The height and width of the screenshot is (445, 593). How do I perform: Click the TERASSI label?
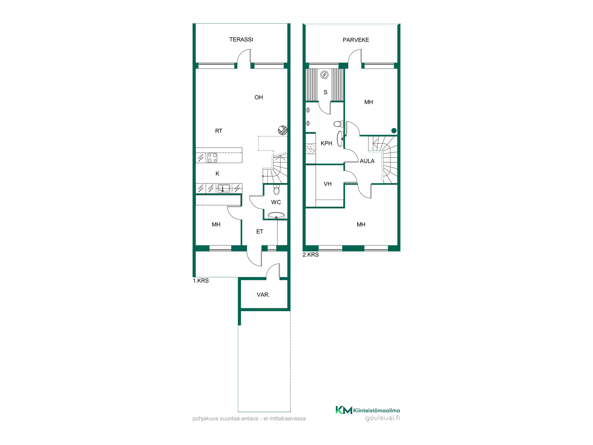(241, 40)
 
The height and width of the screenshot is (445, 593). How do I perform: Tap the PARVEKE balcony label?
(356, 40)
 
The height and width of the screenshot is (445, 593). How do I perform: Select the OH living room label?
(259, 97)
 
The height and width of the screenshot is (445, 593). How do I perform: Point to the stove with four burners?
(212, 158)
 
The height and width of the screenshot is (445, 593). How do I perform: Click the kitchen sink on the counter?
(223, 188)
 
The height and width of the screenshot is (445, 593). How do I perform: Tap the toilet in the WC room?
(276, 189)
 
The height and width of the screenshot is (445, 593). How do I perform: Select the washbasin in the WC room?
(276, 215)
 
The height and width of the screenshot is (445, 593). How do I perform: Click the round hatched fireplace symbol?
(283, 130)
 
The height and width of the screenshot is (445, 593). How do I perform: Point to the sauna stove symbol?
(324, 75)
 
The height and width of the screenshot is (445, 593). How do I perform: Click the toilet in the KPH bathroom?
(339, 124)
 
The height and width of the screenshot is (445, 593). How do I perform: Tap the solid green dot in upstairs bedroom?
(394, 131)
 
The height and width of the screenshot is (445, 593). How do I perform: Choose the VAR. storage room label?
(263, 295)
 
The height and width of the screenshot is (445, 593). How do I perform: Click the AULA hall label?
(367, 161)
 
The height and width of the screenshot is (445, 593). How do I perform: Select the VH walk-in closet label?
(327, 184)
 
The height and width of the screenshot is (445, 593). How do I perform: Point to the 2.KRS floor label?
(310, 255)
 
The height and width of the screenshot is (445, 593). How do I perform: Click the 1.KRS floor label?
(201, 281)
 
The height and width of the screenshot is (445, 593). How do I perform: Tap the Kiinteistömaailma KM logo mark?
(344, 410)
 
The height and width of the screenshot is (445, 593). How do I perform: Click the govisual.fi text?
(382, 418)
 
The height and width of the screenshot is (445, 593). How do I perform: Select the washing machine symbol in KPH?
(310, 149)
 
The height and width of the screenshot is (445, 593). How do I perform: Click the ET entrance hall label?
(260, 232)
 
